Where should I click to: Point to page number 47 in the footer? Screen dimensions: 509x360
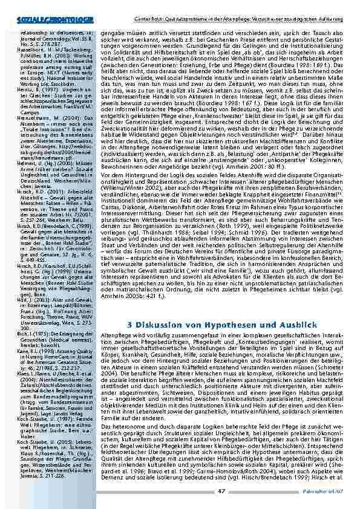coord(222,492)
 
